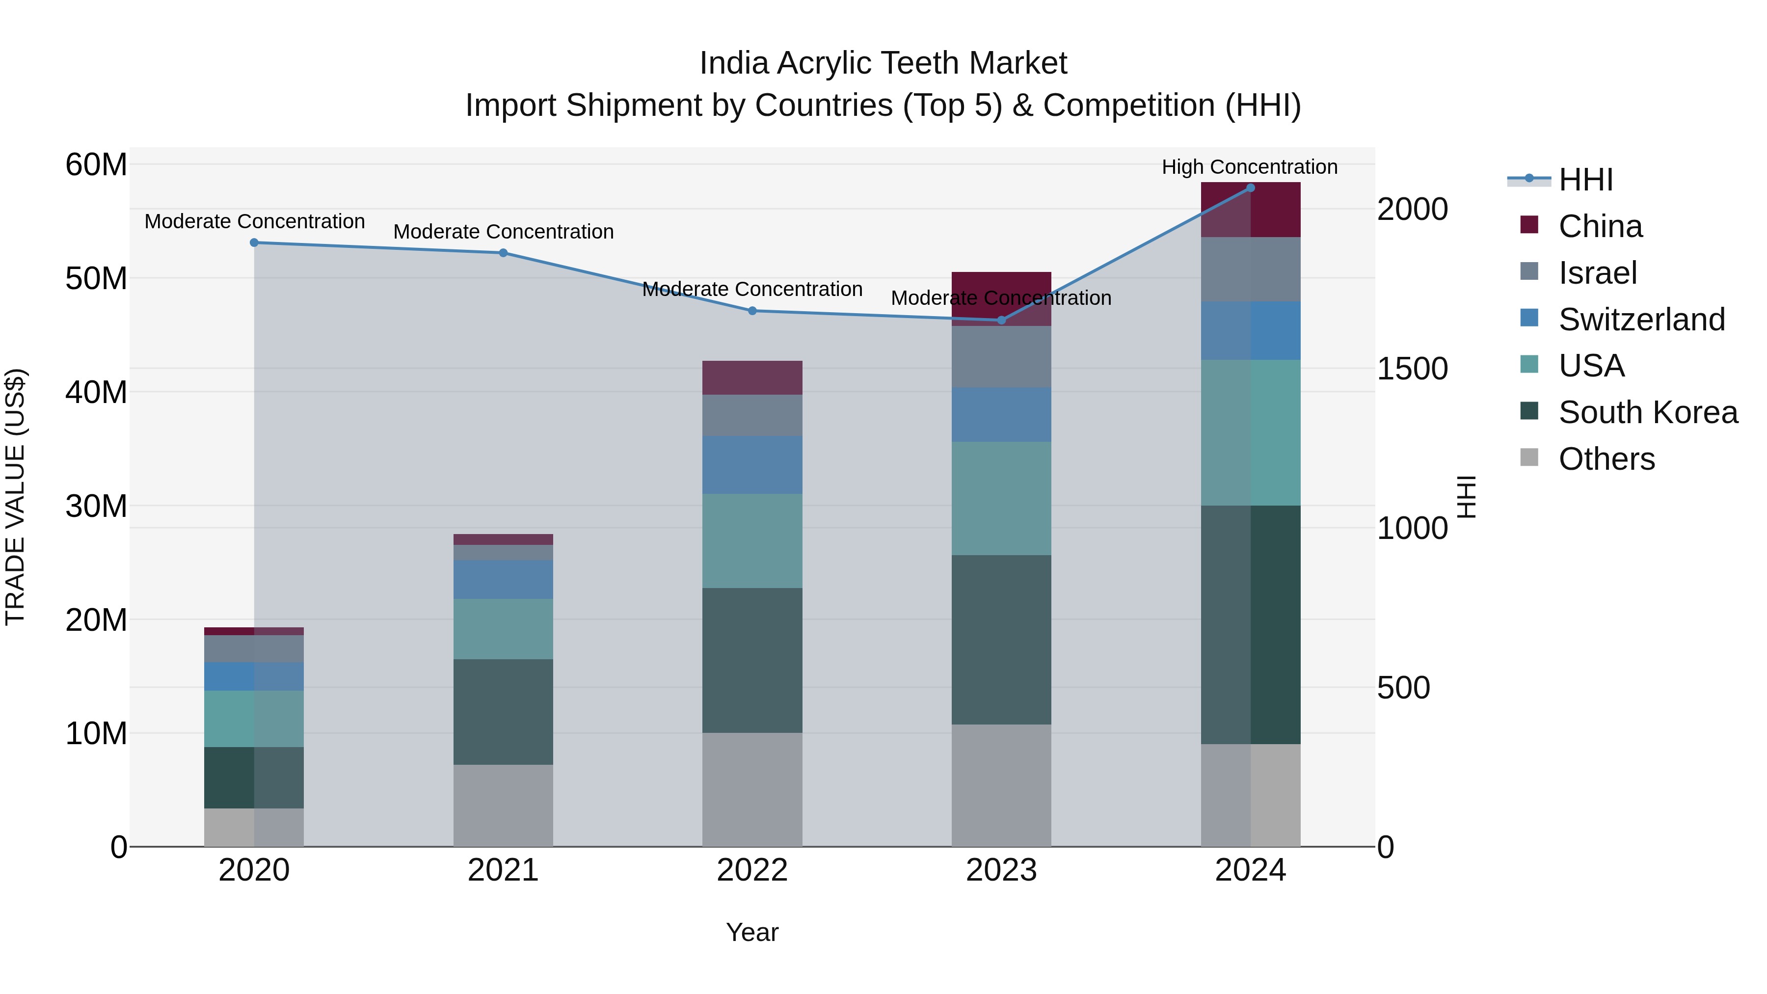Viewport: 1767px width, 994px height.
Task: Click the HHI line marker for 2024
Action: pos(1250,188)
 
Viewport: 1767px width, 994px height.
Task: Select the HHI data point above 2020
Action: pos(254,243)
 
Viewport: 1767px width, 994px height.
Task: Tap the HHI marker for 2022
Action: pos(752,311)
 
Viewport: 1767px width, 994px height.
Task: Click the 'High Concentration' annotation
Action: pos(1249,167)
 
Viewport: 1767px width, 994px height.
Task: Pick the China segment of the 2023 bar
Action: pos(1001,298)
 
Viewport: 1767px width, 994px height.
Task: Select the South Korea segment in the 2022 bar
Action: pos(752,660)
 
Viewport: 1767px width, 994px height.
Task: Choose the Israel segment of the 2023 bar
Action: pos(1001,357)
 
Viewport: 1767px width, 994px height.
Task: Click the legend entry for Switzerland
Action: pos(1641,320)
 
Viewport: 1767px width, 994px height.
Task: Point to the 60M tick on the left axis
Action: pos(96,164)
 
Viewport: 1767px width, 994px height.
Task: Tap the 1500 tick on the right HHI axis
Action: pos(1412,369)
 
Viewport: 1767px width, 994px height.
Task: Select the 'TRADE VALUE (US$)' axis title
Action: pos(15,497)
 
